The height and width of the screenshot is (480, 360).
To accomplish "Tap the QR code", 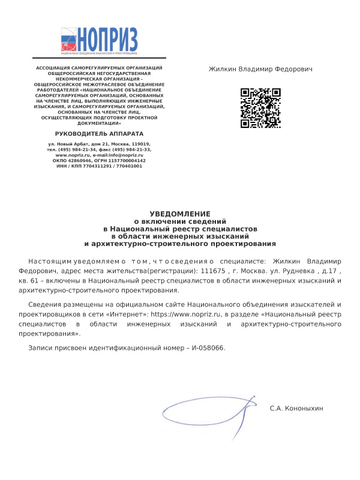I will click(260, 108).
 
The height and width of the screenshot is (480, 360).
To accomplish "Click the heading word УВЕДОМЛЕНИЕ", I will click(180, 214).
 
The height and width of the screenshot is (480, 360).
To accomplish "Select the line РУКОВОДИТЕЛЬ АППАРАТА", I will click(100, 133).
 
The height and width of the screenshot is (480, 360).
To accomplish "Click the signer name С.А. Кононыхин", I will click(296, 408).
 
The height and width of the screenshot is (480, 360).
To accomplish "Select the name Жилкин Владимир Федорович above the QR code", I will click(260, 70).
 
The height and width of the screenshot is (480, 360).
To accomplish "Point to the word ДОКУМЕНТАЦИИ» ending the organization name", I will click(100, 123).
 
